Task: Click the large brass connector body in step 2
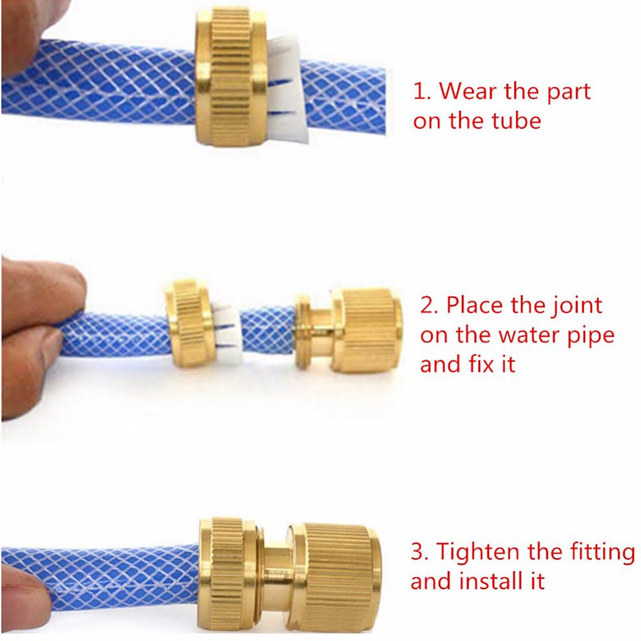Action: pos(348,331)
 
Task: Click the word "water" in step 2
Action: pos(531,336)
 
